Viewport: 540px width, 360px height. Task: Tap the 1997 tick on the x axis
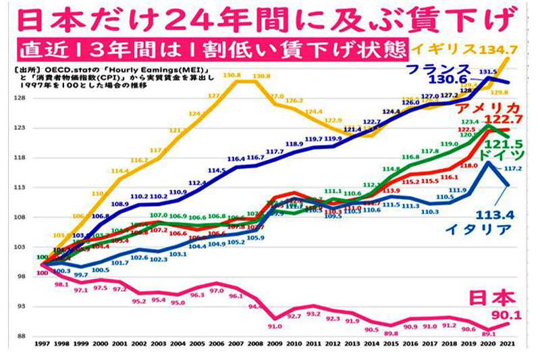42,344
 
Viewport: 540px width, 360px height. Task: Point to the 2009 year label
275,344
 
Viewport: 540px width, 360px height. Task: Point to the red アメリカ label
489,110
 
